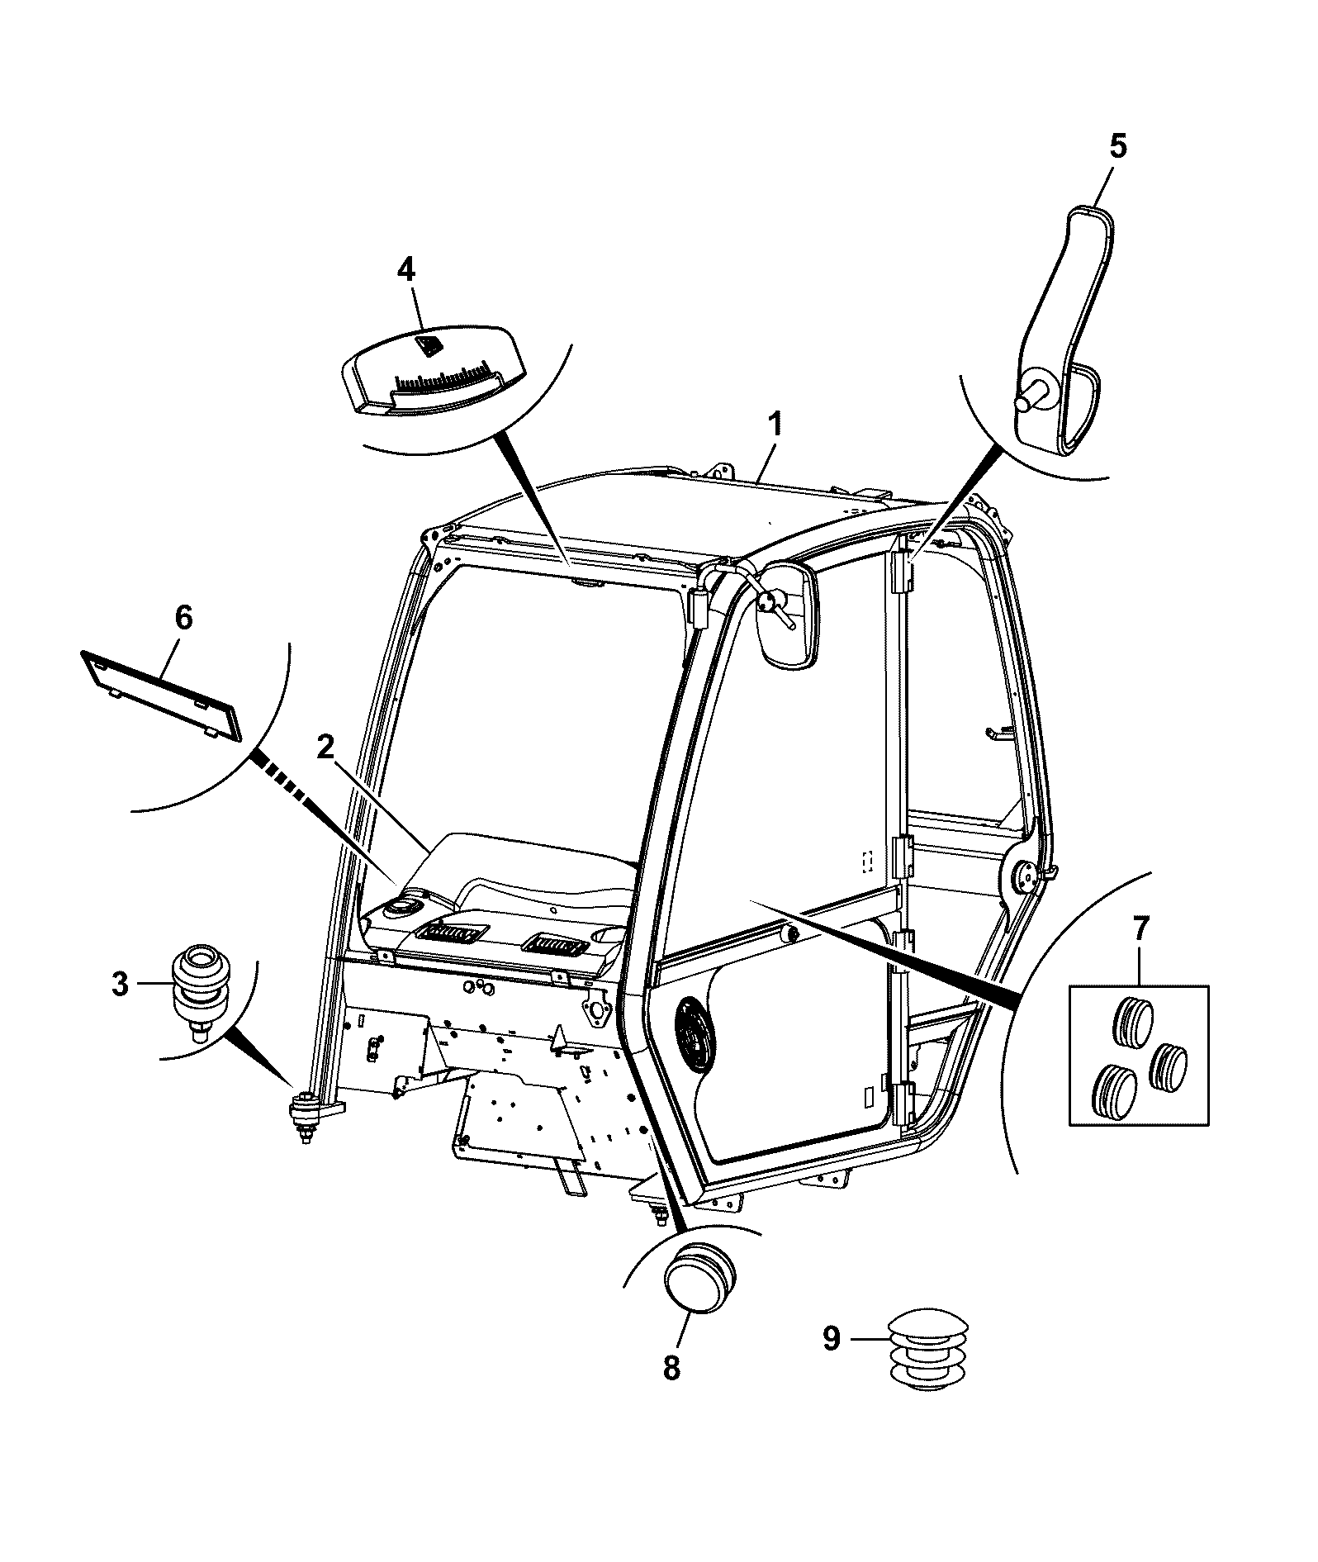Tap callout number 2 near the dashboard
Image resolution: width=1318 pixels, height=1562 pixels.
[327, 749]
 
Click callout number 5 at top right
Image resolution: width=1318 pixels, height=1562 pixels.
[1117, 146]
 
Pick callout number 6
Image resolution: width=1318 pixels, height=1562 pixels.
[183, 618]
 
